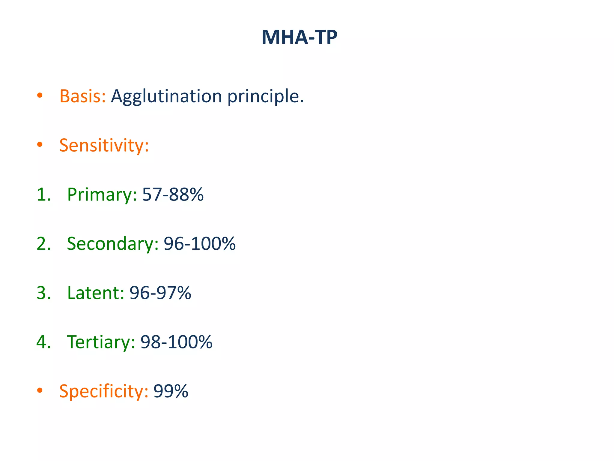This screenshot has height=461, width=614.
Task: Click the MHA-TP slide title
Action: coord(299,38)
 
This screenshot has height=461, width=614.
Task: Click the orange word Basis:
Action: coord(83,96)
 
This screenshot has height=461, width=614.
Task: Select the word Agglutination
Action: coord(166,97)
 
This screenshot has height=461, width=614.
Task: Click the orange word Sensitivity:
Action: coord(104,146)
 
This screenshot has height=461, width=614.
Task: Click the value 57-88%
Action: coord(173,194)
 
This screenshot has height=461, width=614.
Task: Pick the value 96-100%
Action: coord(200,243)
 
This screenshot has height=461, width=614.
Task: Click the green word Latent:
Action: coord(95,293)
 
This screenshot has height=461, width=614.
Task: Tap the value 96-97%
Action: coord(160,293)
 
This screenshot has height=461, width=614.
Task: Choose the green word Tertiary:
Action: coord(101,342)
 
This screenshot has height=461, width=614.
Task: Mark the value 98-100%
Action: coord(176,342)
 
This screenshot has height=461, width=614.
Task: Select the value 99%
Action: coord(171,391)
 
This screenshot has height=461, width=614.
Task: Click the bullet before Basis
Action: coord(40,96)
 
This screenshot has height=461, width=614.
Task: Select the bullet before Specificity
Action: coord(40,390)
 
